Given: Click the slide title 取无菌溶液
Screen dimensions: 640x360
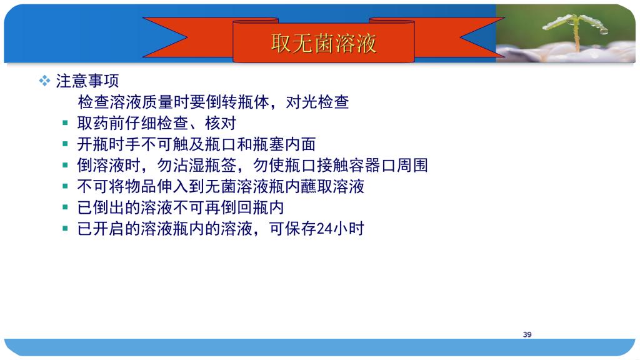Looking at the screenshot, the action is (323, 43).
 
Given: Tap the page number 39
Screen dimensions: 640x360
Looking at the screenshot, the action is (527, 334).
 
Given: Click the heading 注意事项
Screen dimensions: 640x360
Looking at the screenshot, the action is (87, 81).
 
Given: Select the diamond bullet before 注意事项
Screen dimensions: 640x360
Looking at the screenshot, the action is (44, 81).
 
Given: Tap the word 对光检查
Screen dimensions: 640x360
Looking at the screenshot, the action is (317, 102).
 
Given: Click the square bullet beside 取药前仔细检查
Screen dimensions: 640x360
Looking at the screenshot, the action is (65, 123).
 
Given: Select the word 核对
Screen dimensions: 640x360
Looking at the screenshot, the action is (221, 123).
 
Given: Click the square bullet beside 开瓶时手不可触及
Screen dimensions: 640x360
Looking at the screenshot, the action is (65, 144).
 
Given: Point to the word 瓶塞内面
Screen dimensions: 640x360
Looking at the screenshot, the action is (284, 144).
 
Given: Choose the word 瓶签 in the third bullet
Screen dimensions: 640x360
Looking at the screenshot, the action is (221, 165).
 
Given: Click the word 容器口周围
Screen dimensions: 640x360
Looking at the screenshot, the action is (387, 165).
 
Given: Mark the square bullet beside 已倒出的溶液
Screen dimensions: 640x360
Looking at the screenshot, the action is (65, 207).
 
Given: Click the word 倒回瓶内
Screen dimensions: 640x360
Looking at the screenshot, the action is (252, 207).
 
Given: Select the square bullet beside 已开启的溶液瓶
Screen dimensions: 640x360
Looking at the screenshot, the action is (65, 228).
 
